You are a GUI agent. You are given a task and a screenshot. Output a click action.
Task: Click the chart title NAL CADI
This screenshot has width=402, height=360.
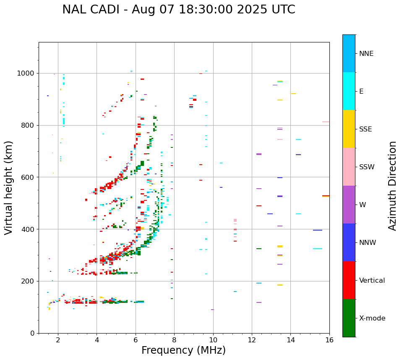(x=178, y=10)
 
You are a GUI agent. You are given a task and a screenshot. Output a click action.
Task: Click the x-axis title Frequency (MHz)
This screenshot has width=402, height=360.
(x=183, y=350)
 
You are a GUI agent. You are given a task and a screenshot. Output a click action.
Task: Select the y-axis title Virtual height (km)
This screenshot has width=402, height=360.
(x=9, y=188)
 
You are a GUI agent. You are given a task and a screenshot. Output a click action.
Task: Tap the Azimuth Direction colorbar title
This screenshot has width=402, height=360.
(x=392, y=186)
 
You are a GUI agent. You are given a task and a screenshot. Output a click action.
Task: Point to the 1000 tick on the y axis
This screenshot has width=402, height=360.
(x=26, y=74)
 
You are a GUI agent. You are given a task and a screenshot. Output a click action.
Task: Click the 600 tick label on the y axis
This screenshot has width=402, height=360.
(x=29, y=177)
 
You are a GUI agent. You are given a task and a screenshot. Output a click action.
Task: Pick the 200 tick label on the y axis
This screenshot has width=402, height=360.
(x=29, y=281)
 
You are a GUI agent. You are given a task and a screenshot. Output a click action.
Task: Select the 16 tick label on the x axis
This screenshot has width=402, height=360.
(x=329, y=340)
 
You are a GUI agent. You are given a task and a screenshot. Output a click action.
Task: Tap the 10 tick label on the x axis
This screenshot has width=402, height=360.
(x=213, y=340)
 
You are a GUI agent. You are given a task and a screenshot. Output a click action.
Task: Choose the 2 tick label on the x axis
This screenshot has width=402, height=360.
(x=58, y=340)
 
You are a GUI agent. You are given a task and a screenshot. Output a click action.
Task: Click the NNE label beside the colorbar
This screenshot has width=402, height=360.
(x=366, y=54)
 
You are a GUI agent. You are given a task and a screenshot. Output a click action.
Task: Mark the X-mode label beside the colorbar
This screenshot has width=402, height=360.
(x=372, y=318)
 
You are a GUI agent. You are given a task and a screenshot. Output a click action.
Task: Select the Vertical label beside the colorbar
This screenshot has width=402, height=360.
(x=372, y=281)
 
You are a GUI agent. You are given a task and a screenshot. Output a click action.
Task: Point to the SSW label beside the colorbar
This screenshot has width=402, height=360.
(x=367, y=167)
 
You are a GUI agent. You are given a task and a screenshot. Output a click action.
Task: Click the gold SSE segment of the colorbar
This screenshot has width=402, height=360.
(x=349, y=129)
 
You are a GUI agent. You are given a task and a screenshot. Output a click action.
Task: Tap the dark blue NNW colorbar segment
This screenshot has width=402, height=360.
(x=349, y=242)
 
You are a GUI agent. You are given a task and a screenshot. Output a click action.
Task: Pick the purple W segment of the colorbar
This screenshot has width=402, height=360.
(x=349, y=205)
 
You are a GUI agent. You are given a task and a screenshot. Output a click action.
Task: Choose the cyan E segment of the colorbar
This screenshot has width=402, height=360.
(x=349, y=91)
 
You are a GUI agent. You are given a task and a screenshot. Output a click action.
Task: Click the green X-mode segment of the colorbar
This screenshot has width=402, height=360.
(x=349, y=318)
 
